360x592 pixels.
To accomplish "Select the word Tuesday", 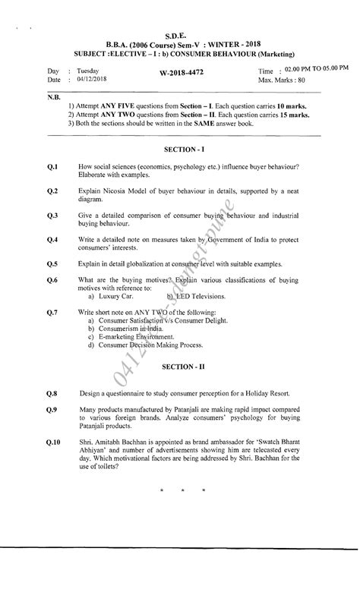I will click(88, 69).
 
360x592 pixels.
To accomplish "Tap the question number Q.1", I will click(52, 166).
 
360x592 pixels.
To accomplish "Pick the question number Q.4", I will click(52, 240).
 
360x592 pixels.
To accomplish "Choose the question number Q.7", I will click(52, 312).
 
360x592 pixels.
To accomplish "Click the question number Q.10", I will click(53, 441).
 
